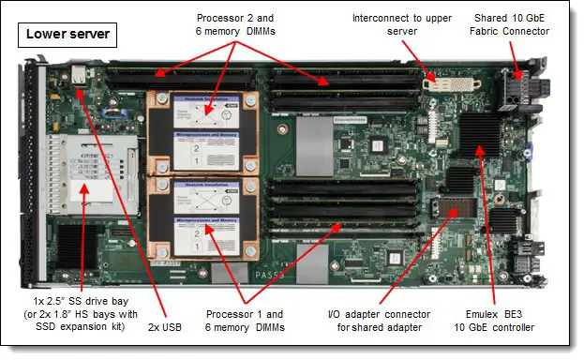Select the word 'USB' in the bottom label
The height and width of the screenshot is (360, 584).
click(x=172, y=327)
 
